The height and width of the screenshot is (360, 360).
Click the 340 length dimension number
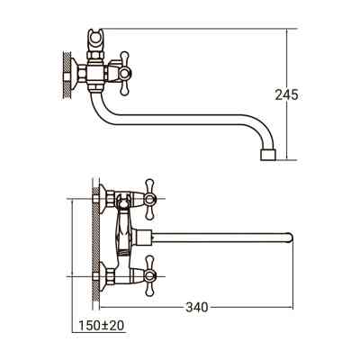196,307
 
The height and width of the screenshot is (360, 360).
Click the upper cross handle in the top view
149,195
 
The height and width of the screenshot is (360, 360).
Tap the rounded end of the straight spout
290,238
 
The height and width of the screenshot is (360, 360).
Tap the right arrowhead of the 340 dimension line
290,307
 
